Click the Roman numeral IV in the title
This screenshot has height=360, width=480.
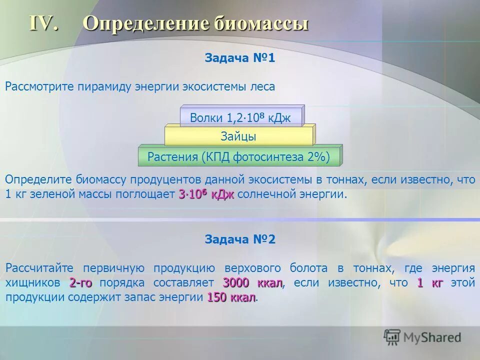pos(43,24)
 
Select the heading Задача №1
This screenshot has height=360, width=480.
pos(239,58)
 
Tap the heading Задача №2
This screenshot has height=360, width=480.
pos(239,239)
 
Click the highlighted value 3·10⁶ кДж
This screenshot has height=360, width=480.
pos(206,194)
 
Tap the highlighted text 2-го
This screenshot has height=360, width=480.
pos(80,283)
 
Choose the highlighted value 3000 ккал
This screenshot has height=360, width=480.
pos(252,283)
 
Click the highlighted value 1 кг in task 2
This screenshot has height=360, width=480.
pos(430,283)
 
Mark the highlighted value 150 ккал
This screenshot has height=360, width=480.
pos(231,297)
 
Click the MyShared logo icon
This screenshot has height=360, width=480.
pos(392,337)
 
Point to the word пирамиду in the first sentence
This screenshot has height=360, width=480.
pos(104,86)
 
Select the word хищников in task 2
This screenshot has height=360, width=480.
pos(33,283)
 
